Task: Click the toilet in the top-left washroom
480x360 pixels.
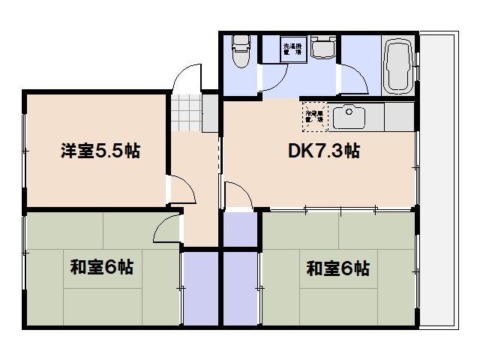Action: tap(239, 51)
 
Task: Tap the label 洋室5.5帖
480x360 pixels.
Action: tap(99, 151)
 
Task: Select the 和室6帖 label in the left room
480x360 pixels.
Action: tap(102, 267)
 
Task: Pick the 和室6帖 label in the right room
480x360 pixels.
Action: tap(337, 268)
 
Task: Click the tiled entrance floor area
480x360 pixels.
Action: tap(186, 112)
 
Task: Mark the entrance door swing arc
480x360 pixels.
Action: tap(188, 78)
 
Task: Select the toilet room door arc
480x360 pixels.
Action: tap(272, 81)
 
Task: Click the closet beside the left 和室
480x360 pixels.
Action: tap(199, 289)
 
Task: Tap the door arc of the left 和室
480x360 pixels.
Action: tap(168, 229)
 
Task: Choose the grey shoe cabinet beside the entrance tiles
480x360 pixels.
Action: tap(211, 112)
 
